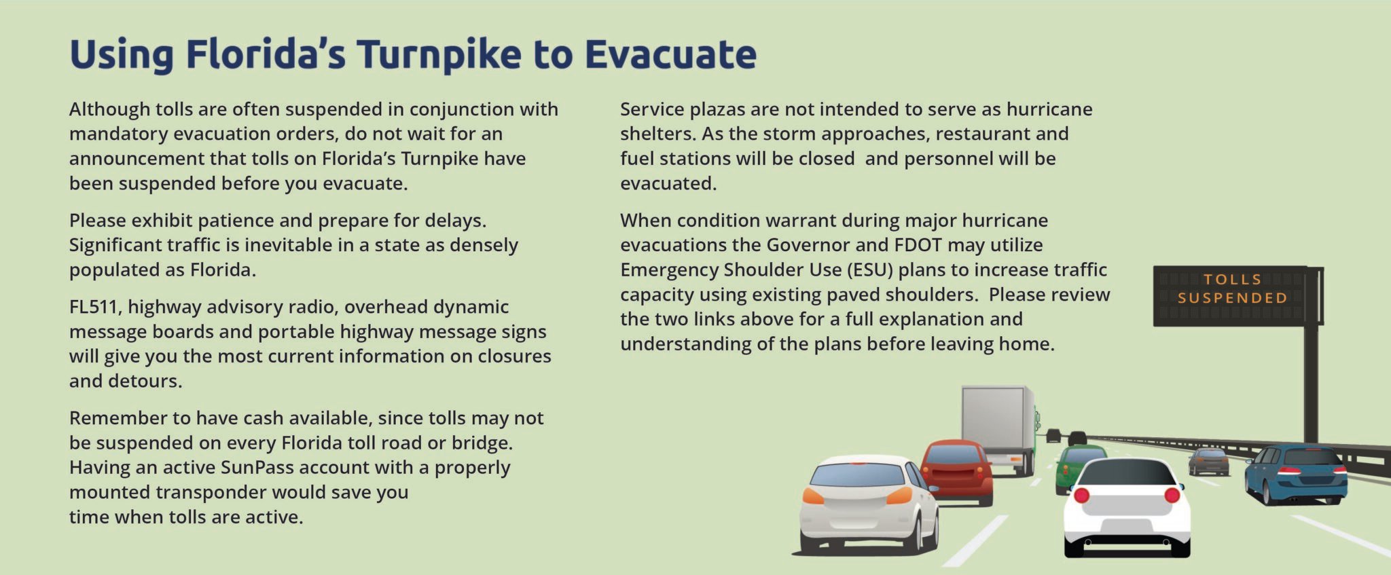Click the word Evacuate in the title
[670, 54]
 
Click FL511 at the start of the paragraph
[94, 307]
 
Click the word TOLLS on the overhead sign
[1232, 279]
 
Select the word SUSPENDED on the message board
[1232, 297]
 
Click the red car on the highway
[956, 472]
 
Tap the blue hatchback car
[1296, 474]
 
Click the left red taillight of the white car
[1082, 495]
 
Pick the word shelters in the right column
[655, 134]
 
